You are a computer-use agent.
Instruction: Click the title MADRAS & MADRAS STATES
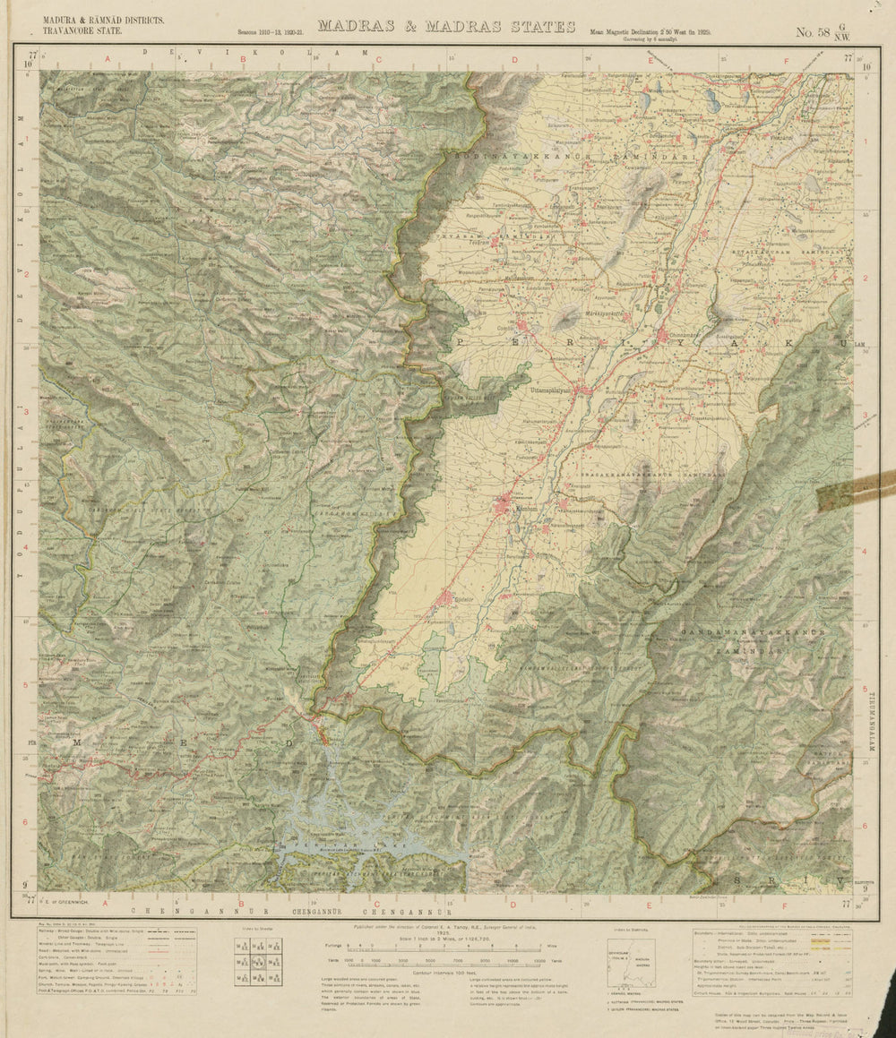(446, 26)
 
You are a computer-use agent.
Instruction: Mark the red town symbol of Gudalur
(448, 598)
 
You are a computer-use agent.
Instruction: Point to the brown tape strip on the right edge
(855, 492)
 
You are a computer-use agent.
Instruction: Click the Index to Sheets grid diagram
(258, 963)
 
